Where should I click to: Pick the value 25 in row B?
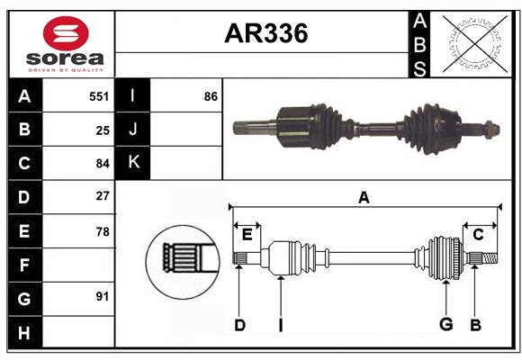pyautogui.click(x=103, y=130)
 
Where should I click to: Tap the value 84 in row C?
pyautogui.click(x=103, y=164)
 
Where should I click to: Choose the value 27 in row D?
pyautogui.click(x=103, y=195)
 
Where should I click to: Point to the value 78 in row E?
pyautogui.click(x=103, y=231)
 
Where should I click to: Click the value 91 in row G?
pyautogui.click(x=103, y=296)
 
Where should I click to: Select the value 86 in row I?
pyautogui.click(x=211, y=95)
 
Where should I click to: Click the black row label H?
pyautogui.click(x=24, y=334)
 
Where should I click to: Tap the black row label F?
pyautogui.click(x=24, y=265)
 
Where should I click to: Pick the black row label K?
pyautogui.click(x=133, y=163)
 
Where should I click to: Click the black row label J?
pyautogui.click(x=133, y=130)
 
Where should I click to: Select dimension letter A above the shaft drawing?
pyautogui.click(x=364, y=197)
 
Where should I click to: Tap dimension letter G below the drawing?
pyautogui.click(x=445, y=325)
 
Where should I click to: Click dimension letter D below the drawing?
pyautogui.click(x=239, y=325)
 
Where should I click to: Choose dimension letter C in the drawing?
pyautogui.click(x=478, y=234)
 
